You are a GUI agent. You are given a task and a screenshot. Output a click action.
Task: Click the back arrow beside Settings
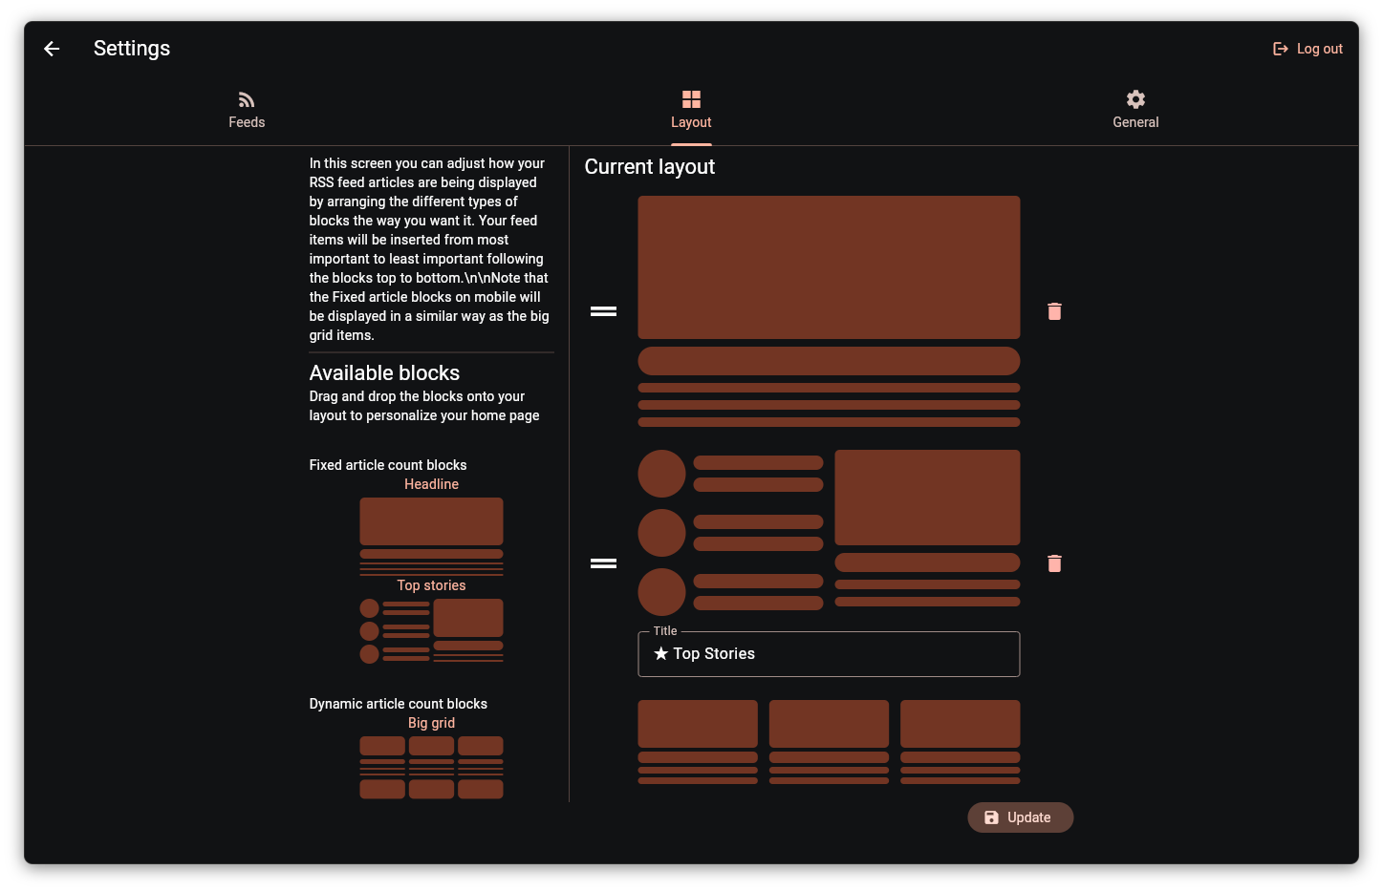[x=52, y=49]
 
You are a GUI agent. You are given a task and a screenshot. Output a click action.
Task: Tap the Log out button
[x=1307, y=49]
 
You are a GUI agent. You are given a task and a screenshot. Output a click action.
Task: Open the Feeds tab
[x=247, y=111]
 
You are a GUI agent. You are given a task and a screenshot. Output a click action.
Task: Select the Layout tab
[x=691, y=111]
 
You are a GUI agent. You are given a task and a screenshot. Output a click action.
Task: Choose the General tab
[x=1135, y=111]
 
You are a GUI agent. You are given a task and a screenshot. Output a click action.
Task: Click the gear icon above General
[x=1135, y=99]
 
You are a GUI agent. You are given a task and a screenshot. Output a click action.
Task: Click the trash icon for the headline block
[x=1054, y=311]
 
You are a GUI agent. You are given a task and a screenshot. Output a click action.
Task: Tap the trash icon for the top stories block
[x=1054, y=563]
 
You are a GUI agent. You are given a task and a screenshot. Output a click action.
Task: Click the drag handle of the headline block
[x=603, y=311]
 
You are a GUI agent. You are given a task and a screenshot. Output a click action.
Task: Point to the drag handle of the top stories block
[x=603, y=563]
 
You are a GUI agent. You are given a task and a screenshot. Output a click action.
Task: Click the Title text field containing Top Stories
[x=829, y=653]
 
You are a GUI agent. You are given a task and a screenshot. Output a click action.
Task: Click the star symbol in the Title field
[x=660, y=653]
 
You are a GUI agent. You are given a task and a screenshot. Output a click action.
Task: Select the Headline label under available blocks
[x=431, y=484]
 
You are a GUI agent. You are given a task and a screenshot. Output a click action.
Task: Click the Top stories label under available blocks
[x=431, y=585]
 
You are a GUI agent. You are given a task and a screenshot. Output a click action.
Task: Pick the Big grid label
[x=431, y=723]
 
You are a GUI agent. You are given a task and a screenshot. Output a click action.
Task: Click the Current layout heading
[x=650, y=166]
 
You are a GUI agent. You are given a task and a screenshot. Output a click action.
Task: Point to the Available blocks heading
[x=384, y=372]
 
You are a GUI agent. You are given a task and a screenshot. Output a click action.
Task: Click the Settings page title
[x=132, y=48]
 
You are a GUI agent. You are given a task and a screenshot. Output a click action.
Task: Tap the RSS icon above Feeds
[x=247, y=99]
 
